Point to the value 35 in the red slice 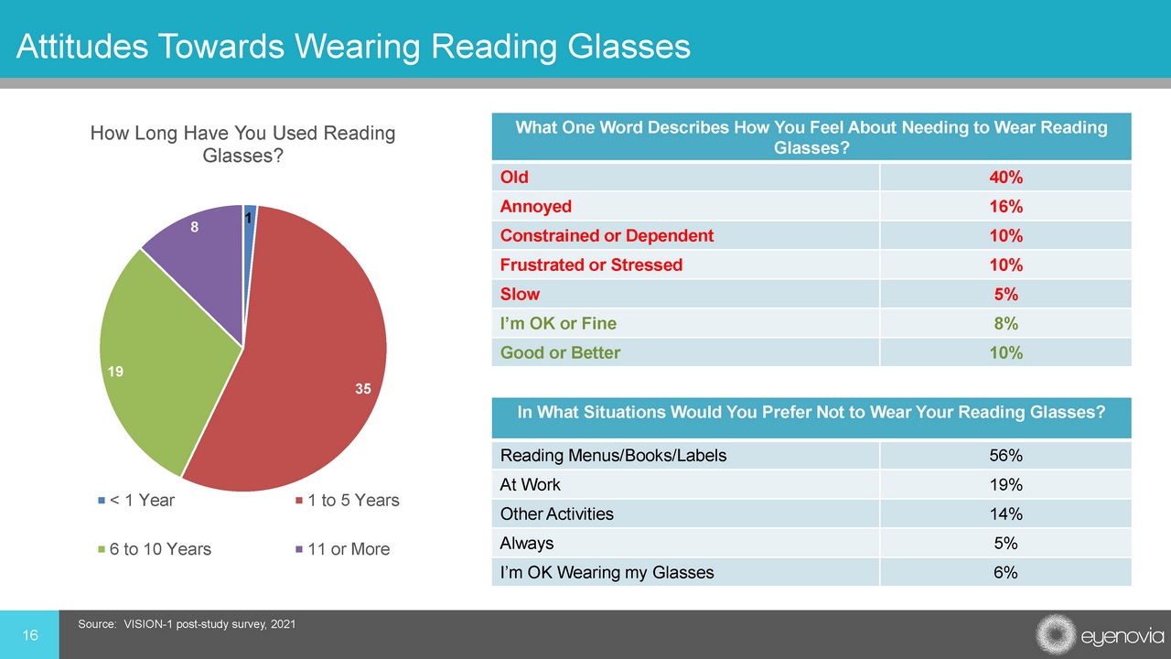point(363,389)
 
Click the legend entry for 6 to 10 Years point(155,549)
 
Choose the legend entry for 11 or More point(343,549)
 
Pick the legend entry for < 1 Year point(136,501)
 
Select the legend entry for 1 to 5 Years point(348,501)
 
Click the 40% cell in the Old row point(1005,178)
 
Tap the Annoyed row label point(536,207)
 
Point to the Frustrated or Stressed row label point(591,265)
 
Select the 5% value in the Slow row point(1005,295)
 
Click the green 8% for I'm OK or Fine point(1005,324)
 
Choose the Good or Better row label point(561,353)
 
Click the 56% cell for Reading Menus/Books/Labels point(1005,456)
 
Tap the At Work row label point(530,485)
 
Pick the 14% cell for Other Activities point(1005,514)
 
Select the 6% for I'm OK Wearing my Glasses point(1005,573)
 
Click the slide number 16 point(30,635)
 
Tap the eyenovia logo point(1100,635)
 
